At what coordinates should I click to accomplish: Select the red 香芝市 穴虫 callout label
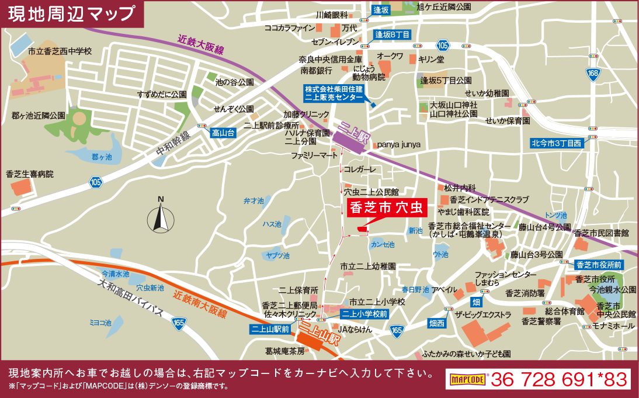click(x=387, y=207)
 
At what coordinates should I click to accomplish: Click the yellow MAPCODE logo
click(x=467, y=379)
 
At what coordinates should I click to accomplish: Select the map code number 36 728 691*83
click(x=559, y=379)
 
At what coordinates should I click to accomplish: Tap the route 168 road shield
click(x=593, y=73)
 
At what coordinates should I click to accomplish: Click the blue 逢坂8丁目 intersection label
click(x=393, y=34)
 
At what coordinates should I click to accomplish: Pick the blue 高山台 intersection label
click(x=223, y=133)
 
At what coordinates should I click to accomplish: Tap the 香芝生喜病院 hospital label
click(x=29, y=174)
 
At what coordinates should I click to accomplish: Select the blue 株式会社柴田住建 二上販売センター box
click(x=334, y=94)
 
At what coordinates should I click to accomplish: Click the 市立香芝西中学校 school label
click(x=60, y=51)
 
